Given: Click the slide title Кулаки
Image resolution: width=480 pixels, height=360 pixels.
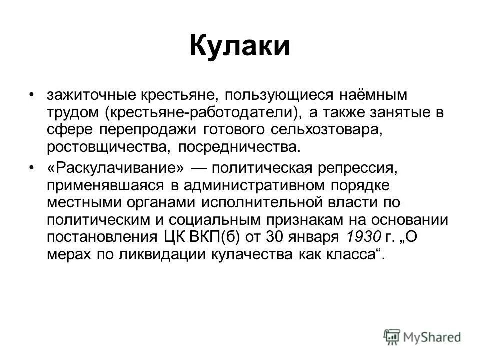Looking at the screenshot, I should tap(239, 46).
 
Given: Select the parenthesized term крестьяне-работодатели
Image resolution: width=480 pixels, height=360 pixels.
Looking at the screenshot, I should tap(201, 113).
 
